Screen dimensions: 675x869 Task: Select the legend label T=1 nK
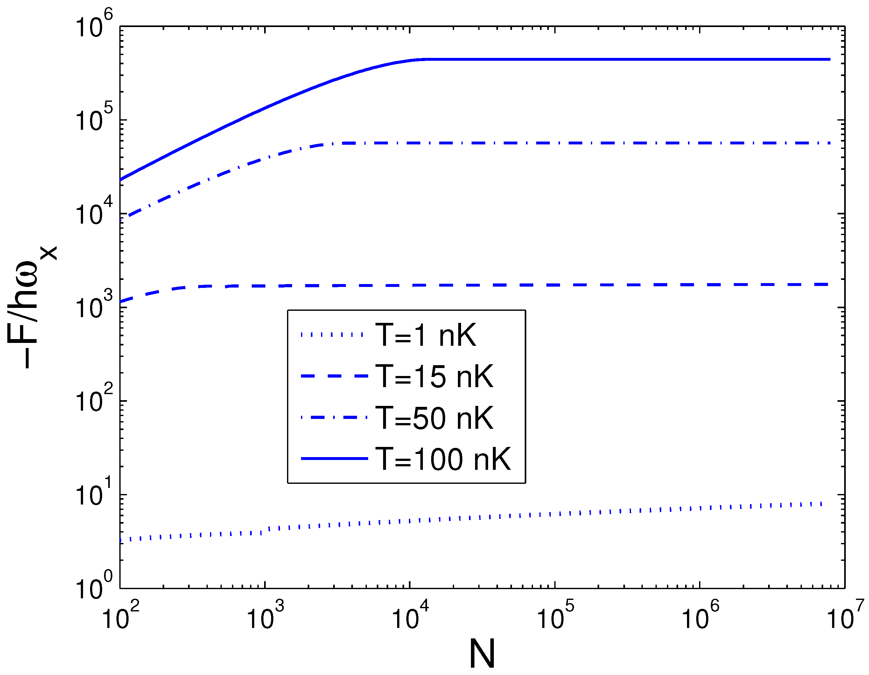pos(425,335)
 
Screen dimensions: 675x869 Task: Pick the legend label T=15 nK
pos(434,376)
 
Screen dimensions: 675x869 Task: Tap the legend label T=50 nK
pos(434,418)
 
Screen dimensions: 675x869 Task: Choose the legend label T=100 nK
pos(443,459)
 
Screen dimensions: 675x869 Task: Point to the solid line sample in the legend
pos(334,459)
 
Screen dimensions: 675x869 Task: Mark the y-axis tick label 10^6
pos(94,25)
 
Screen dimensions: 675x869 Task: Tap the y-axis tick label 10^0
pos(94,586)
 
